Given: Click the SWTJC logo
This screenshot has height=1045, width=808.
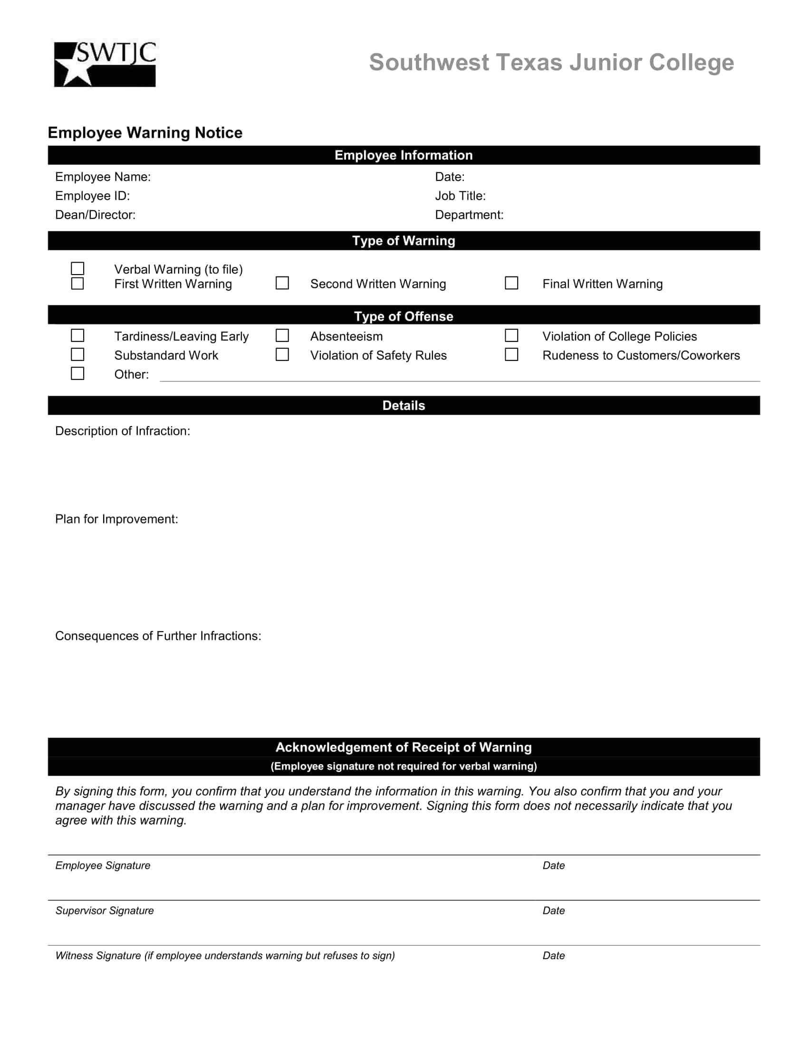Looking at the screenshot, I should pos(105,64).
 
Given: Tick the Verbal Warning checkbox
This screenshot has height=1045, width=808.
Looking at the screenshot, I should pos(77,268).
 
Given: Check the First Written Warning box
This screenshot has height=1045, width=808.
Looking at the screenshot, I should pos(77,283).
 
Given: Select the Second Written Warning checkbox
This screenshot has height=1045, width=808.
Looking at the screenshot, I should pos(282,283).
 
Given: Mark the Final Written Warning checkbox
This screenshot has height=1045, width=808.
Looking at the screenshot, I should pos(511,283).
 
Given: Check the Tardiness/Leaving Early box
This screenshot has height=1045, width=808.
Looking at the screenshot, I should pos(77,335).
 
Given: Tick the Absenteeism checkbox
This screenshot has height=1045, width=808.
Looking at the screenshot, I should pos(282,335).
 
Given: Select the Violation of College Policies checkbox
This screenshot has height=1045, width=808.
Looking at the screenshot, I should pos(511,335).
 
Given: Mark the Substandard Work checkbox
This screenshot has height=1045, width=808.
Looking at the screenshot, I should pos(77,354).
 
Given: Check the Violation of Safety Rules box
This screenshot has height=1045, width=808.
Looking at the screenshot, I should pos(282,354).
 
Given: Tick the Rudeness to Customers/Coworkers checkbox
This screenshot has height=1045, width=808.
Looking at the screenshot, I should pos(511,354).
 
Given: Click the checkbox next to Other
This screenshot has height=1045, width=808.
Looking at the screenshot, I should pos(77,373).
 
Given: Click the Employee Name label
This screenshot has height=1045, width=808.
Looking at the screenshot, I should pos(103,177).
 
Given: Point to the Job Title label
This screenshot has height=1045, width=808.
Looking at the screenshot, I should pos(460,196).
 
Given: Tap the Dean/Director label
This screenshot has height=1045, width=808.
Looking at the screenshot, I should pos(95,215).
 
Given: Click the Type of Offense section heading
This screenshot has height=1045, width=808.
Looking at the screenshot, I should pos(404,316).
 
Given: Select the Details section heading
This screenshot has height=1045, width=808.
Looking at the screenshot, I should pos(404,406).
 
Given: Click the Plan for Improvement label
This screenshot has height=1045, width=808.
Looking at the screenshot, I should pos(116,519).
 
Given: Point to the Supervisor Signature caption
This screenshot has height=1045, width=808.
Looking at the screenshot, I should pos(105,911).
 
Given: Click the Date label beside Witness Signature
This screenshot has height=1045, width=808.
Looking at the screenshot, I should pos(553,956).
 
